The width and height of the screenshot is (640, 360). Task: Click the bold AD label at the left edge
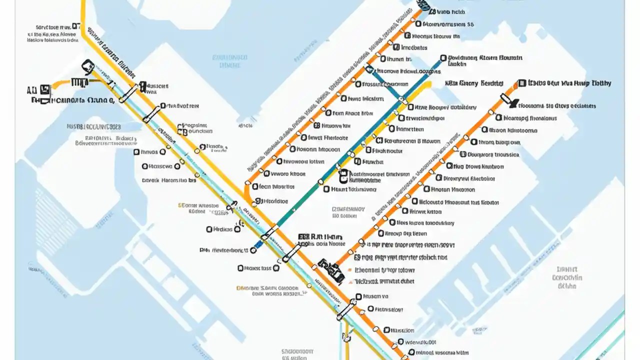(x=31, y=90)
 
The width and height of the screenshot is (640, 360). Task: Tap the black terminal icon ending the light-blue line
(x=88, y=67)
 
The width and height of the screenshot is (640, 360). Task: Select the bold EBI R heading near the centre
(x=319, y=236)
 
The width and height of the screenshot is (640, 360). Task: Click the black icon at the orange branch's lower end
(x=331, y=267)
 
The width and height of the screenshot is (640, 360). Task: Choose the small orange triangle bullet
(x=239, y=288)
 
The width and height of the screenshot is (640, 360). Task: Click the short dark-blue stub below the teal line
(x=257, y=245)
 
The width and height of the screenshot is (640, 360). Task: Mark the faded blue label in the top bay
(x=230, y=61)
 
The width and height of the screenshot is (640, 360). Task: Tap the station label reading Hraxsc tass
(x=258, y=268)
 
